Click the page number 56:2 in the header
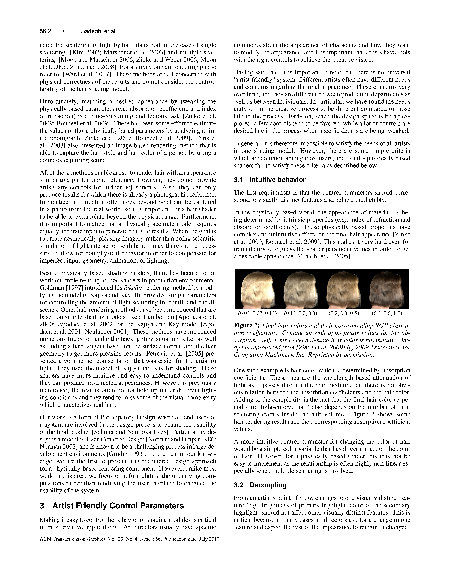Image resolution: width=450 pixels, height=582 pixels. [45, 31]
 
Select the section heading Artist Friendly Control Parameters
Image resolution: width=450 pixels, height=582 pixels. [118, 506]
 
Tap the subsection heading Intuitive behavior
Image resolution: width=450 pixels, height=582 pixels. [277, 180]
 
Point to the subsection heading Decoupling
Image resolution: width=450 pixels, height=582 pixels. [268, 485]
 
